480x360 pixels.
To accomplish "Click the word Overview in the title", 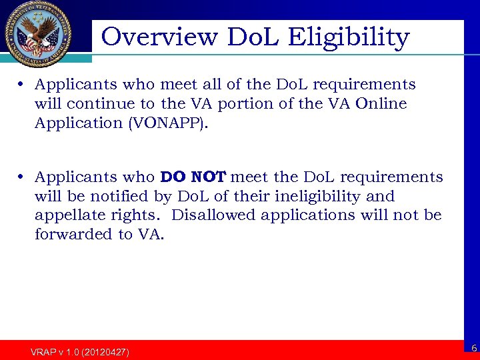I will click(159, 37).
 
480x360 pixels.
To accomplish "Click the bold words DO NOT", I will click(194, 177).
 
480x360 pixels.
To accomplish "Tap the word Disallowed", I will click(215, 215).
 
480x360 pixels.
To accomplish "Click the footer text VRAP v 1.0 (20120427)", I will click(80, 351).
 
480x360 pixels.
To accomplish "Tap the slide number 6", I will click(473, 348).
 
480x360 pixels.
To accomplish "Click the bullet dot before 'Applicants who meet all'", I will click(22, 85).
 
